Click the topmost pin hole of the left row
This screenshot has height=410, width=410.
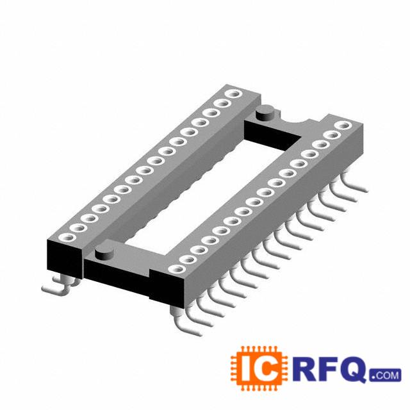pyautogui.click(x=234, y=94)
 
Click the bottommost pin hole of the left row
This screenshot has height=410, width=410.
pyautogui.click(x=67, y=238)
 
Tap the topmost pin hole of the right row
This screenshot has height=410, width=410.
pyautogui.click(x=343, y=126)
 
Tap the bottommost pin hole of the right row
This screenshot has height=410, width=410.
pyautogui.click(x=177, y=269)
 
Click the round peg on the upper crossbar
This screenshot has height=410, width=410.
pyautogui.click(x=265, y=113)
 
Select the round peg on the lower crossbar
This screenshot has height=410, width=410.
pyautogui.click(x=104, y=252)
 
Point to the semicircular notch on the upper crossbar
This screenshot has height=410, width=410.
pyautogui.click(x=295, y=120)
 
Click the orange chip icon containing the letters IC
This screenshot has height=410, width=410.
pyautogui.click(x=259, y=368)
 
